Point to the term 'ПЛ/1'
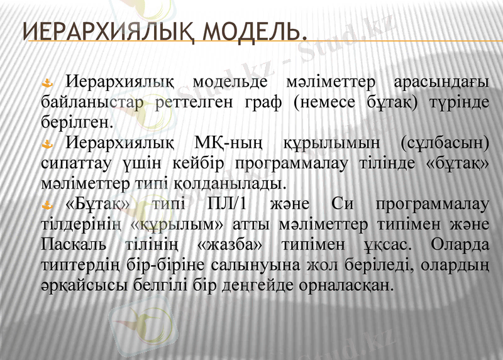225,205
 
